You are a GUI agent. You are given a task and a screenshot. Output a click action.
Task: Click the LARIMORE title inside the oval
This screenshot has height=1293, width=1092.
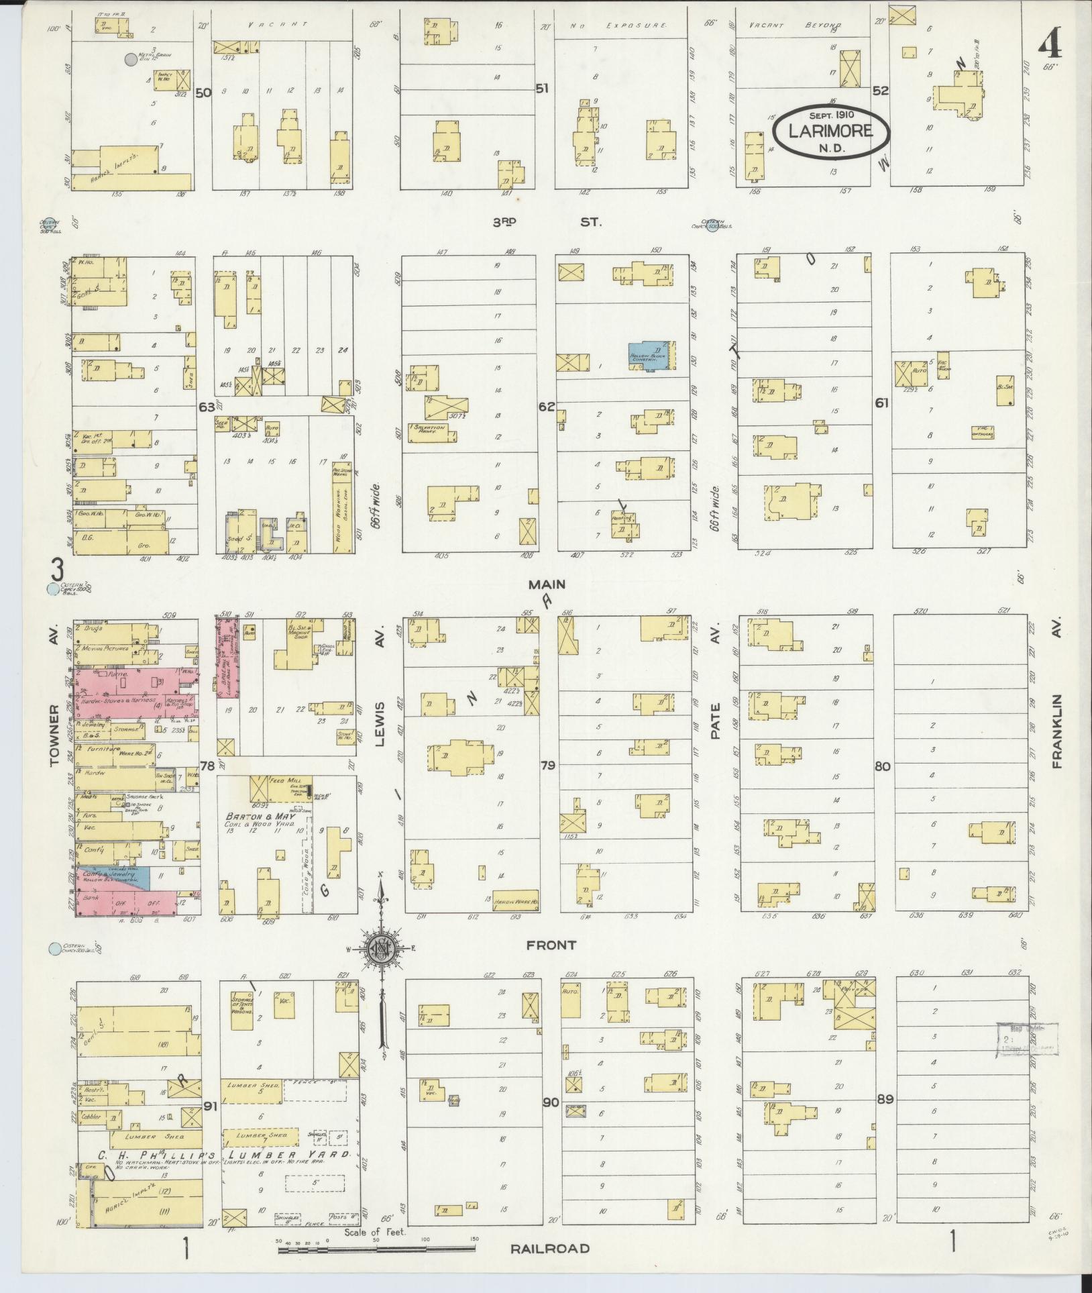(830, 131)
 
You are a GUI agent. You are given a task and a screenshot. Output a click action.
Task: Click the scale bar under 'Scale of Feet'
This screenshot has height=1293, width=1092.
(376, 1249)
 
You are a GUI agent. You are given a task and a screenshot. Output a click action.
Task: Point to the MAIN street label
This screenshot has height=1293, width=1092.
(547, 584)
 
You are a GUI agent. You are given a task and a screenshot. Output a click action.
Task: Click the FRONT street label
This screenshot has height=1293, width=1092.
(551, 945)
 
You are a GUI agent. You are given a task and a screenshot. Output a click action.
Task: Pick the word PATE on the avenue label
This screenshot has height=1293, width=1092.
(715, 721)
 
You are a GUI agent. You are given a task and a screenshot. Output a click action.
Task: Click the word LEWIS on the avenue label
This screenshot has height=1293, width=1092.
(379, 721)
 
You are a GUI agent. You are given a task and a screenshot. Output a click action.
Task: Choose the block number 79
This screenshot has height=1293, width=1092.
(548, 764)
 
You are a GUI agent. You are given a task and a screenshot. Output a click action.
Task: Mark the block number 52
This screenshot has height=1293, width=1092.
(880, 91)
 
